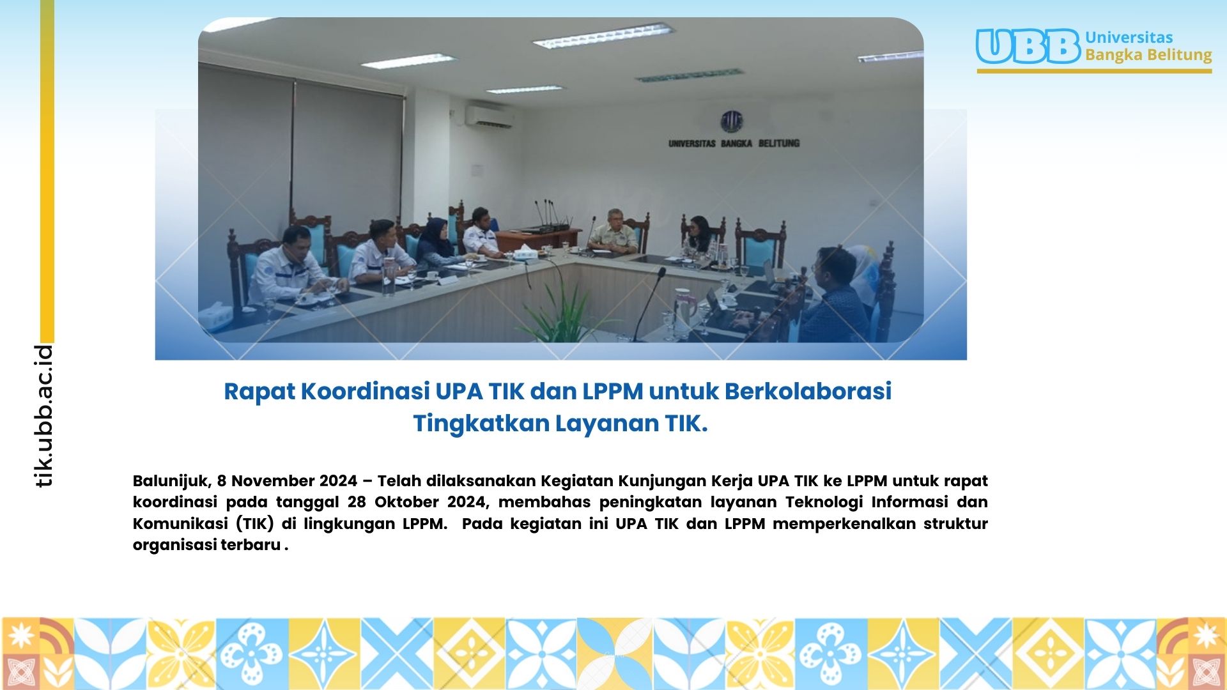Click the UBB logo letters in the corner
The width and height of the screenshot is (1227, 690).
click(1028, 47)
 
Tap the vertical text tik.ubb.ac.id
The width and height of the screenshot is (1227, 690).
click(43, 416)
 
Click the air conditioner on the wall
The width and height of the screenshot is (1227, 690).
click(490, 116)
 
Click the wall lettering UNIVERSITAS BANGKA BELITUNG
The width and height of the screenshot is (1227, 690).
click(734, 143)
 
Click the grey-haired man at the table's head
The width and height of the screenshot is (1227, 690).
click(612, 231)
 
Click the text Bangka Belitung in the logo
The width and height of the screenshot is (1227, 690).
click(1148, 55)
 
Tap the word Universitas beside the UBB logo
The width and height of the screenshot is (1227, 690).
click(1129, 37)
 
